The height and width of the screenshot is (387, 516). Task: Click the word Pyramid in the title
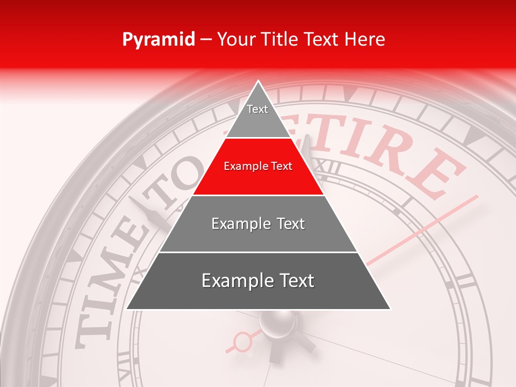pos(158,40)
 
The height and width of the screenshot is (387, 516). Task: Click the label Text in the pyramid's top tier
pos(257,109)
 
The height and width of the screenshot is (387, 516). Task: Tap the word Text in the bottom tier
pos(293,281)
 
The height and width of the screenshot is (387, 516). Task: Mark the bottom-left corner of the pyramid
pos(127,309)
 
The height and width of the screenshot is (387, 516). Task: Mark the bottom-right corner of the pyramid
pos(390,309)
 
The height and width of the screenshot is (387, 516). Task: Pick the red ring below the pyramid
pos(243,341)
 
